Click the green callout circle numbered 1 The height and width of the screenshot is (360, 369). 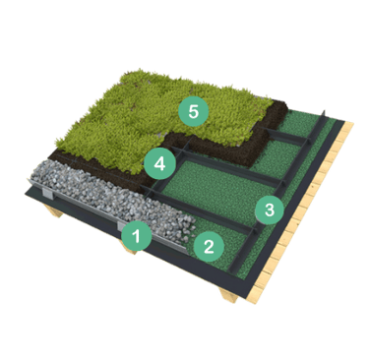click(x=137, y=235)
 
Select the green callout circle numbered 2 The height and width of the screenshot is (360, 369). click(x=209, y=246)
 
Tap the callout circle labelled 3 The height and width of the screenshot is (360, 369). click(x=270, y=210)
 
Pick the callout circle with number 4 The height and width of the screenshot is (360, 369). click(x=159, y=163)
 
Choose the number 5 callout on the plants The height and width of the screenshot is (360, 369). click(x=194, y=111)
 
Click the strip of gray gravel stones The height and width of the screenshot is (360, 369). click(x=111, y=197)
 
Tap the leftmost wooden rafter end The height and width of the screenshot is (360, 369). click(x=56, y=211)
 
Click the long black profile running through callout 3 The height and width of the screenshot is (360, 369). click(x=277, y=194)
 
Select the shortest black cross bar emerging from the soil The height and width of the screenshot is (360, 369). click(x=286, y=136)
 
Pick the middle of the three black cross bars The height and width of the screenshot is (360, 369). click(x=228, y=166)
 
